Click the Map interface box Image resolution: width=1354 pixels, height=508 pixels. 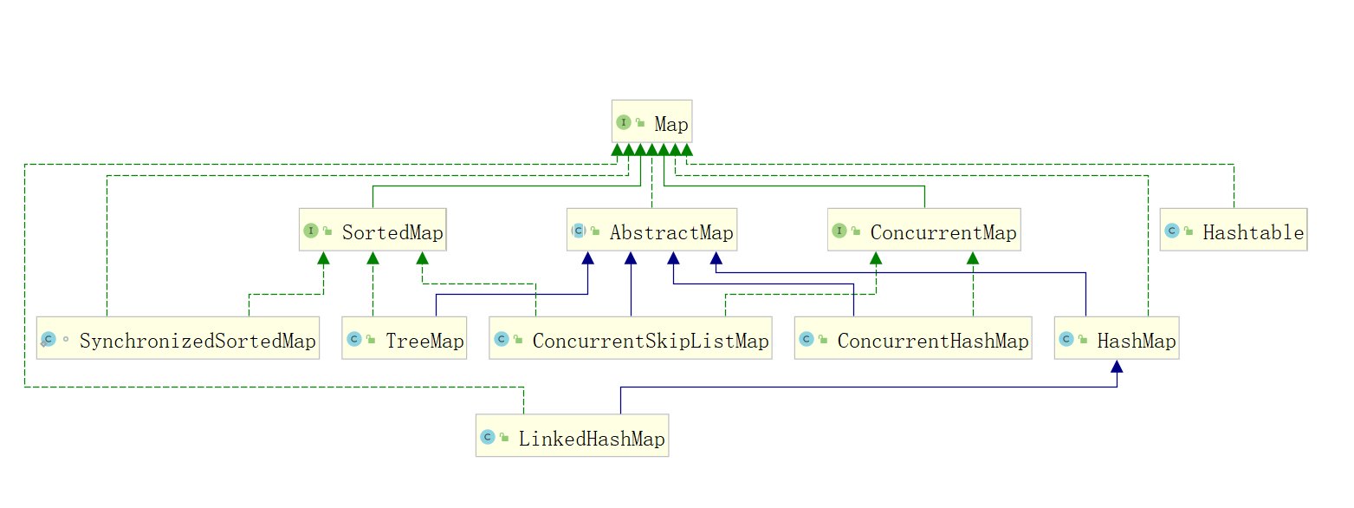(651, 122)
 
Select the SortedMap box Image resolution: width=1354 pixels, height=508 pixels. (373, 231)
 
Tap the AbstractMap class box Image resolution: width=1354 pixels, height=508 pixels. (651, 231)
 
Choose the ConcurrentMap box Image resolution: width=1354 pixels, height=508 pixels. (923, 231)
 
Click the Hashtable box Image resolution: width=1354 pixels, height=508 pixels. (1233, 231)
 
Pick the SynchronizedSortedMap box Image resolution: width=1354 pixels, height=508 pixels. (178, 339)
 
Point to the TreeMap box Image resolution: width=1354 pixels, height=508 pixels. (404, 339)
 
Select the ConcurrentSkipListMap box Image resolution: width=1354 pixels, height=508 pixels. (630, 339)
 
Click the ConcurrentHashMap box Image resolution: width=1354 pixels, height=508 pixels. (912, 339)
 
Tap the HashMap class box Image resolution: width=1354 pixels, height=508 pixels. (1116, 339)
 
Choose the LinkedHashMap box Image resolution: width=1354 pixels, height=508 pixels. (572, 436)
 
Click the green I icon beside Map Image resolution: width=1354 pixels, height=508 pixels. (624, 122)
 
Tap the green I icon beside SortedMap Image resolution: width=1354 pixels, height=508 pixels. (311, 231)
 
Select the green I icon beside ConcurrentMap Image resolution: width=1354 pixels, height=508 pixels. (839, 231)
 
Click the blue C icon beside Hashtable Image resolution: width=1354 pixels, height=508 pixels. (1172, 231)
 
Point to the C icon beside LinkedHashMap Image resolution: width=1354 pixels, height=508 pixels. (488, 437)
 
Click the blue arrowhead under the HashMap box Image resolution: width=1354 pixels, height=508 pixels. (1117, 367)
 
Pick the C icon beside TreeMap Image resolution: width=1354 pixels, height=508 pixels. (353, 339)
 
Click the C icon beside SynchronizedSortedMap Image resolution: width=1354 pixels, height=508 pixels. (49, 339)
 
